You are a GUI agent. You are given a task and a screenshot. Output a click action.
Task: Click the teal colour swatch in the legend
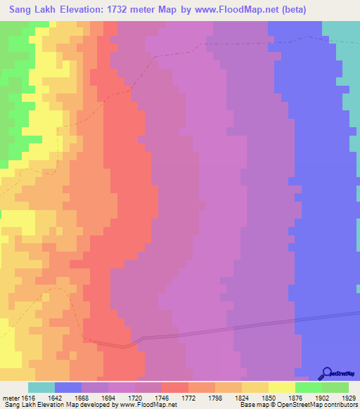[41, 387]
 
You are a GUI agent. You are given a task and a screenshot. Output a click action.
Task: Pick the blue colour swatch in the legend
[68, 387]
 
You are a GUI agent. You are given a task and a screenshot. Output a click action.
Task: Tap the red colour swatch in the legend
[175, 387]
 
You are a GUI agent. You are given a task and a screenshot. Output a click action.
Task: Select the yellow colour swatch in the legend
[282, 387]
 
